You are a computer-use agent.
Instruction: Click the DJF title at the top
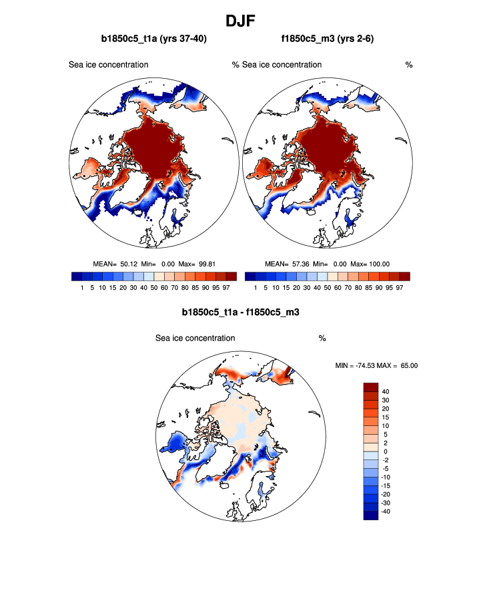(x=243, y=19)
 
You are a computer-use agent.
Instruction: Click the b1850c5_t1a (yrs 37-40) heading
(x=153, y=39)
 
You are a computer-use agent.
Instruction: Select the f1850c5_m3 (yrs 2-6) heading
(x=327, y=39)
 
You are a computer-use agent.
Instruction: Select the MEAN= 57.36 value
(x=288, y=264)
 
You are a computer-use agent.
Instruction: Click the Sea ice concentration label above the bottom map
(x=195, y=338)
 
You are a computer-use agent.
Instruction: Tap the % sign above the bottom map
(x=322, y=338)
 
